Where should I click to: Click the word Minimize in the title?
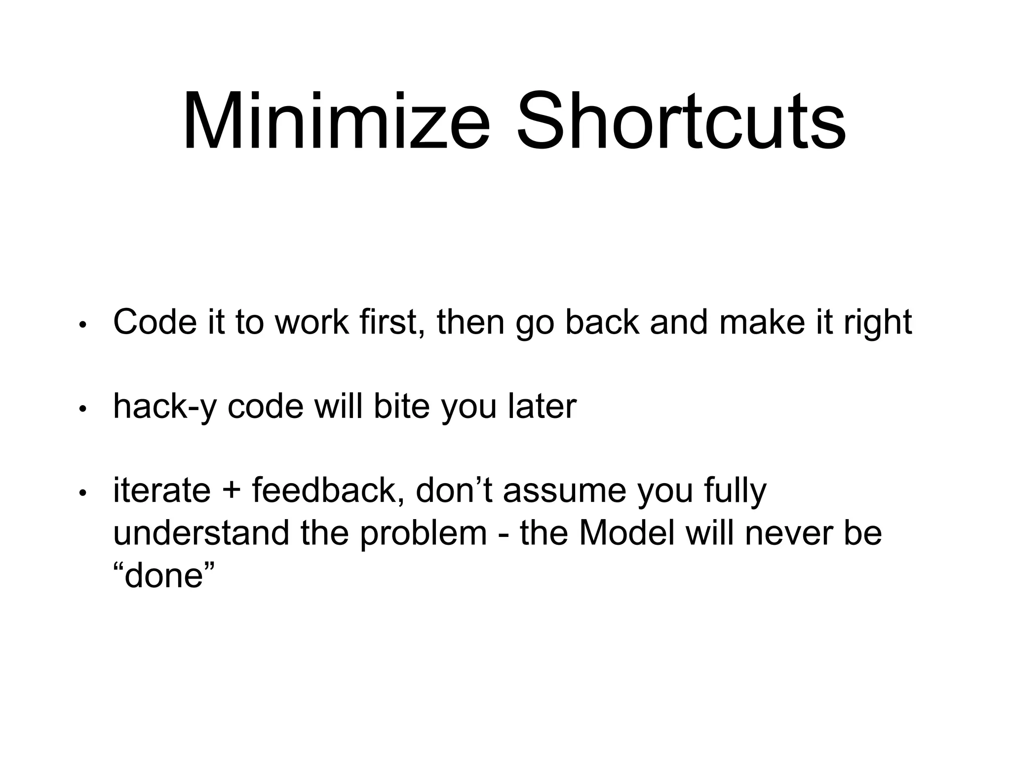[336, 122]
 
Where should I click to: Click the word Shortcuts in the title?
[681, 122]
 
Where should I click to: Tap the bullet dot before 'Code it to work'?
[83, 325]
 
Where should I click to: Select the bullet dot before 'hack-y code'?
[83, 409]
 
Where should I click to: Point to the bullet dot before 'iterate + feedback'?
[83, 493]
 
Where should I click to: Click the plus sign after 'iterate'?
[232, 491]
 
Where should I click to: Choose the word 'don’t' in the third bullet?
[454, 490]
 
